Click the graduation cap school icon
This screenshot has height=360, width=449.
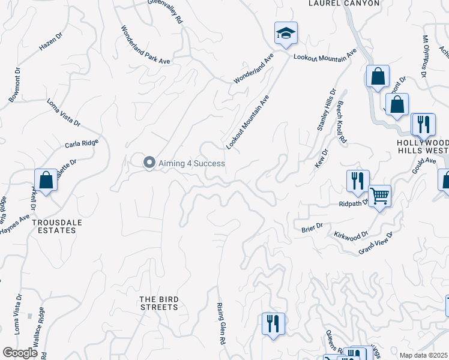tap(286, 34)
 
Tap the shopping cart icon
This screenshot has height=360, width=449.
tap(379, 196)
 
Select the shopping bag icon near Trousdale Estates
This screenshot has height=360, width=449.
tap(46, 180)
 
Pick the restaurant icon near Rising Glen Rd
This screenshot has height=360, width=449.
tap(273, 323)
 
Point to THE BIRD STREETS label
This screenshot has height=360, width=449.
tap(158, 303)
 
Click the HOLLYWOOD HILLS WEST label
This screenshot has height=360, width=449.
tap(423, 147)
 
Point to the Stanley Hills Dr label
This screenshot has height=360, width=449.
tap(326, 110)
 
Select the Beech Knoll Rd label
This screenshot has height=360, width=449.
tap(342, 122)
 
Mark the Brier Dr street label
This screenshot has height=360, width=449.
tap(312, 227)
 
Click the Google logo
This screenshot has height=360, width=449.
tap(20, 352)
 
